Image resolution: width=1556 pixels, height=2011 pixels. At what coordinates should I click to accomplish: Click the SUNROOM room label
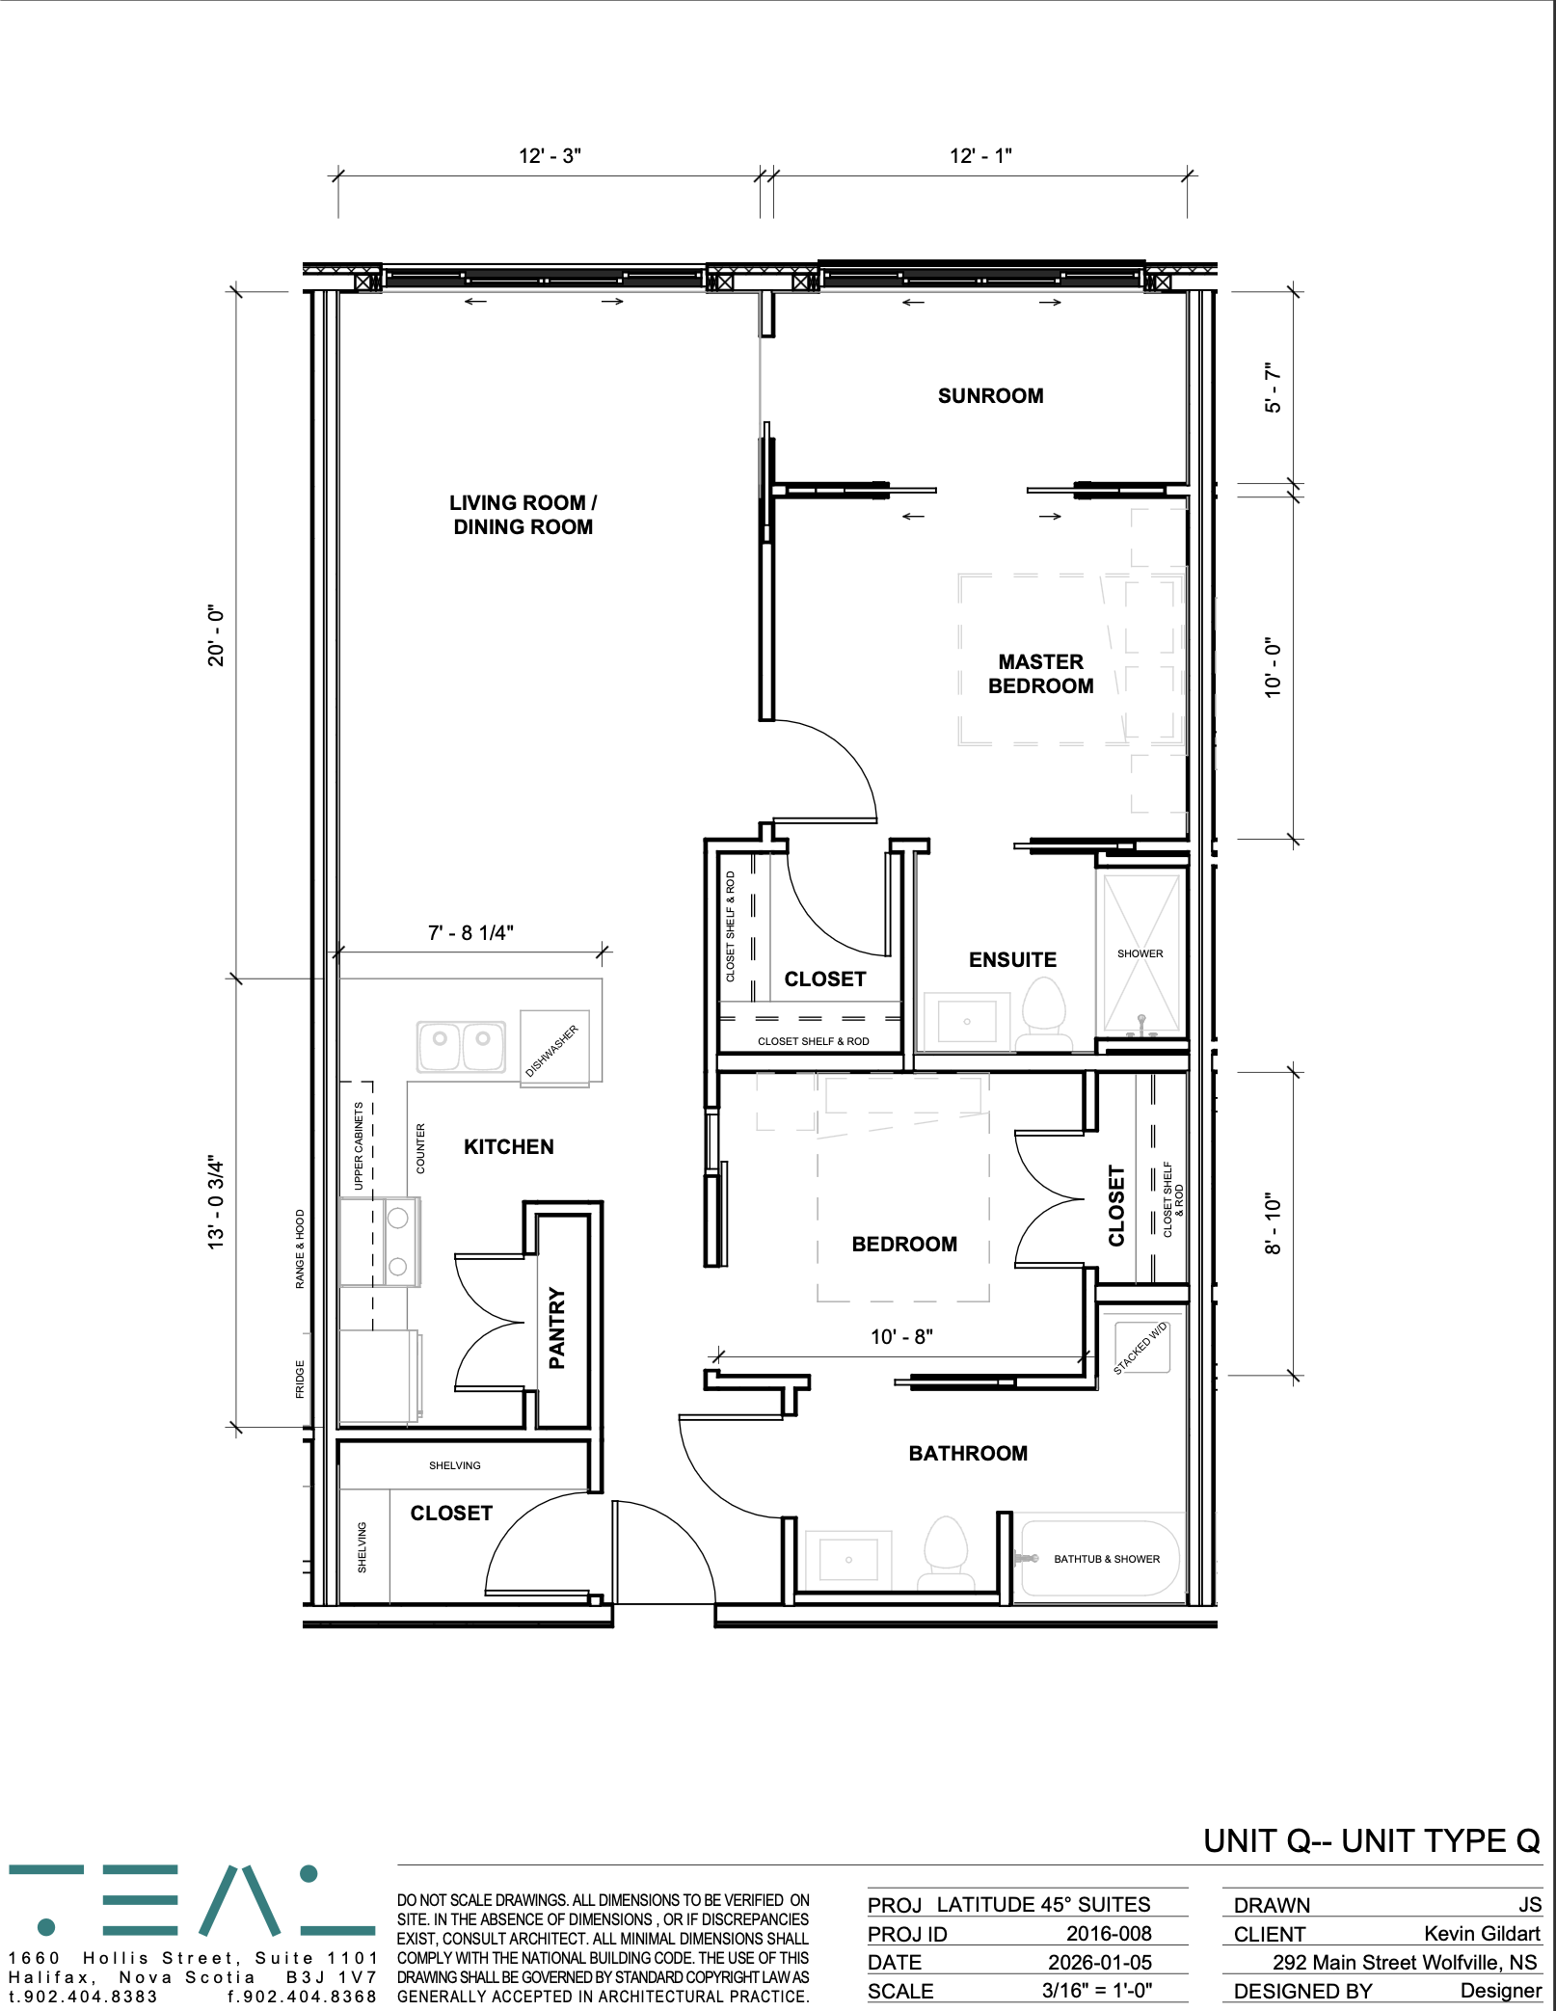point(990,395)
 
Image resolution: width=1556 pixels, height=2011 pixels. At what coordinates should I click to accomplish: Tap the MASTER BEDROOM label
point(1040,674)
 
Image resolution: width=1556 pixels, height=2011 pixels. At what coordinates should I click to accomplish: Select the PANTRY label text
point(556,1327)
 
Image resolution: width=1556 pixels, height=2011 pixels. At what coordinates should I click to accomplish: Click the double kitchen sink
point(461,1047)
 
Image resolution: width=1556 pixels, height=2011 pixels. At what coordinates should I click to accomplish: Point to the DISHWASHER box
point(554,1049)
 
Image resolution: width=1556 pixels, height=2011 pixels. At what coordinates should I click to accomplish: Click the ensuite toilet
point(1043,1014)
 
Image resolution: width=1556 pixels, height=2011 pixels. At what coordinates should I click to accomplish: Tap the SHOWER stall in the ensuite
point(1140,952)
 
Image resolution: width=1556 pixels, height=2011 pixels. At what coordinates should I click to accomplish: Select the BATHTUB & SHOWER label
point(1106,1559)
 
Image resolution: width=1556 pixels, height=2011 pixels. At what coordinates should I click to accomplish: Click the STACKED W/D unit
point(1141,1348)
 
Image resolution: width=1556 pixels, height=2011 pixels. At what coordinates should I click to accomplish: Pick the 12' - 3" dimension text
point(550,156)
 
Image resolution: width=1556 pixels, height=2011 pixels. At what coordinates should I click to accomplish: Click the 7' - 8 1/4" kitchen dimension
point(470,932)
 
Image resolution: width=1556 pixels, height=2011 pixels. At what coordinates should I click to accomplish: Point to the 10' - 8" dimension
point(901,1336)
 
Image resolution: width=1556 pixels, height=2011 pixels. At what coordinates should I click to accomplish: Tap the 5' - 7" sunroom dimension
point(1274,388)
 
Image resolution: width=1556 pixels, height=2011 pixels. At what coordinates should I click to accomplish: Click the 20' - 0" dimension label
point(216,636)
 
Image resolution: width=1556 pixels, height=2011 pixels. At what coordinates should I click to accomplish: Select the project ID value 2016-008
point(1109,1933)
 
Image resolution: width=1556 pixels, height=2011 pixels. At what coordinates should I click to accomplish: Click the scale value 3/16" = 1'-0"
point(1097,1991)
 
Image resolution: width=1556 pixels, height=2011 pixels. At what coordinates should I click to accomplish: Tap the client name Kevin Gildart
point(1482,1933)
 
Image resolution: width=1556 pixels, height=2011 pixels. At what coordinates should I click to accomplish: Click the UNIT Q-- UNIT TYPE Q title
point(1372,1841)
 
